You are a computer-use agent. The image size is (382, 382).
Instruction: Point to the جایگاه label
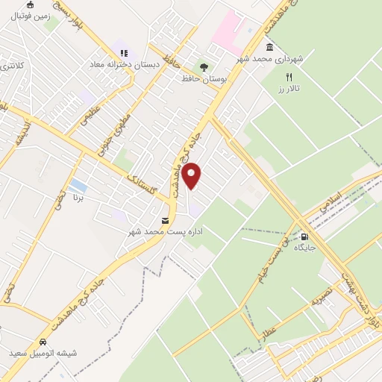pos(304,246)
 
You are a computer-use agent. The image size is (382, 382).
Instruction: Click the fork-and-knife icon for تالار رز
pos(289,76)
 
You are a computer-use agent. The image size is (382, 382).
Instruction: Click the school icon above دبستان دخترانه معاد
pos(123,53)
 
